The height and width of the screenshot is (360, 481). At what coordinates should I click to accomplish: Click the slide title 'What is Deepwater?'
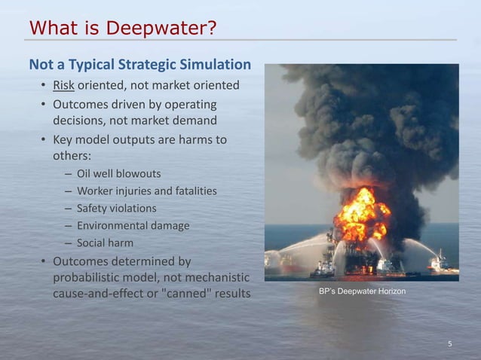pos(123,29)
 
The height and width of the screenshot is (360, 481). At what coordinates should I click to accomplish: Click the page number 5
pos(450,344)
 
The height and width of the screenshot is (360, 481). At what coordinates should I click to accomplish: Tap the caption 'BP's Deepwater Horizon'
pos(361,291)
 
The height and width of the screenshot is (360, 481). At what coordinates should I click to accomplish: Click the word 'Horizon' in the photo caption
pos(389,291)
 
